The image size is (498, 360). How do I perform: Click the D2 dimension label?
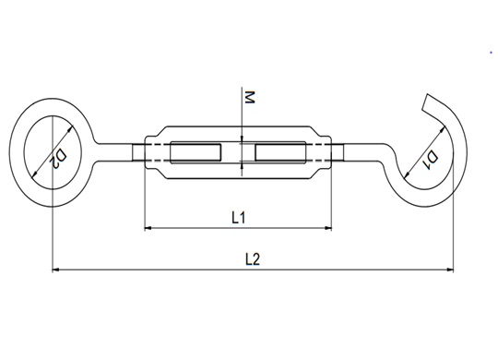pos(59,158)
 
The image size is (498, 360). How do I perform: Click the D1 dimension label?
pos(432,161)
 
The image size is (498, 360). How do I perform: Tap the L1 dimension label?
pos(238,218)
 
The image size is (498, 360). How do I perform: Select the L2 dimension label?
pos(253,258)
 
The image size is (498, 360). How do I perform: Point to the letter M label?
pos(250,97)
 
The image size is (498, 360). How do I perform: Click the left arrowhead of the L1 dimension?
pos(148,228)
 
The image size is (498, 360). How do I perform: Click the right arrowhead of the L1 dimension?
pos(328,228)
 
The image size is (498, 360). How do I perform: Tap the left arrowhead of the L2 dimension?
pos(55,270)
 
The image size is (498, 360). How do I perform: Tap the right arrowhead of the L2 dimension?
pos(450,270)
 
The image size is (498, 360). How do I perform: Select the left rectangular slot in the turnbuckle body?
pos(196,152)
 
